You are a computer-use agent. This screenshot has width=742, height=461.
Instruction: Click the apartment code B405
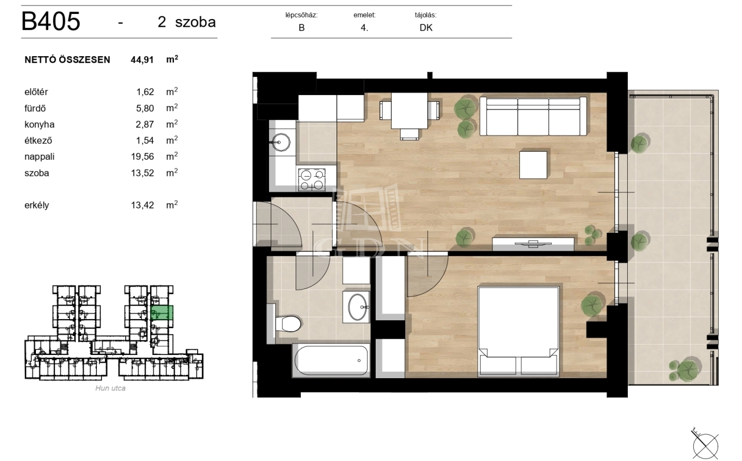point(50,21)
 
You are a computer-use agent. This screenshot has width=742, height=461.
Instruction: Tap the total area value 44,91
point(142,60)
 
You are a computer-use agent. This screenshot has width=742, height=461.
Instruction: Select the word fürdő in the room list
point(35,108)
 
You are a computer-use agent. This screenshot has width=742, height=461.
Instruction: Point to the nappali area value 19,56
point(143,156)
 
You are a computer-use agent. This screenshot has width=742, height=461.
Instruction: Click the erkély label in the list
point(37,205)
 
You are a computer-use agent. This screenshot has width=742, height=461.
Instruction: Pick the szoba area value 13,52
point(143,173)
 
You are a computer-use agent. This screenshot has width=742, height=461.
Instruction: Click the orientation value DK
point(426,28)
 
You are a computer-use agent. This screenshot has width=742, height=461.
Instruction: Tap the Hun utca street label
point(110,388)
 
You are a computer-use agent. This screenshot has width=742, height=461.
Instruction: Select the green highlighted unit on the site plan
point(162,313)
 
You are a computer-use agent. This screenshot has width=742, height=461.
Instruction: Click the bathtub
point(331,360)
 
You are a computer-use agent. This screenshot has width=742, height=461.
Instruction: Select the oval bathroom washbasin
point(358,307)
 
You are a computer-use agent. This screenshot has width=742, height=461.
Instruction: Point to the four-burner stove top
point(312,180)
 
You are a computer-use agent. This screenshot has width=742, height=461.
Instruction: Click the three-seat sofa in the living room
point(533,116)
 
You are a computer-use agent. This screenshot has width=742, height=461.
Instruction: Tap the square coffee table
point(533,165)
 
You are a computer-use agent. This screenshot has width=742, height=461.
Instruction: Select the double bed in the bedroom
point(519,332)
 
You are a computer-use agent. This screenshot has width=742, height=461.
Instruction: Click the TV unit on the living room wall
point(533,244)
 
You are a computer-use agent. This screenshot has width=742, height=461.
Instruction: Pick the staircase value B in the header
point(301,28)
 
